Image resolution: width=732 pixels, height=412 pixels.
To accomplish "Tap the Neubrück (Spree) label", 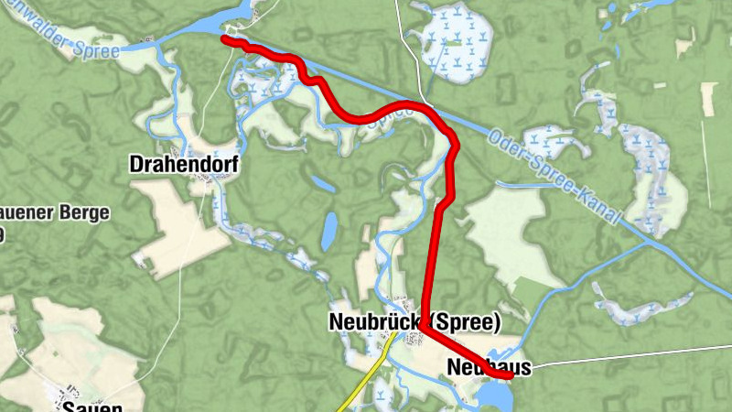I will (x=414, y=322).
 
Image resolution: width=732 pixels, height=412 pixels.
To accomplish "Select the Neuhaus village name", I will (x=490, y=367).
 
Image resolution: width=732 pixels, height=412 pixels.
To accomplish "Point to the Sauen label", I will (x=91, y=405).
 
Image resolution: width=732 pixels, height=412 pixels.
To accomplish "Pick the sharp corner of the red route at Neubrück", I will (x=426, y=331).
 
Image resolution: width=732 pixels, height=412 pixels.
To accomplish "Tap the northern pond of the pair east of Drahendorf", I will (x=322, y=184).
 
